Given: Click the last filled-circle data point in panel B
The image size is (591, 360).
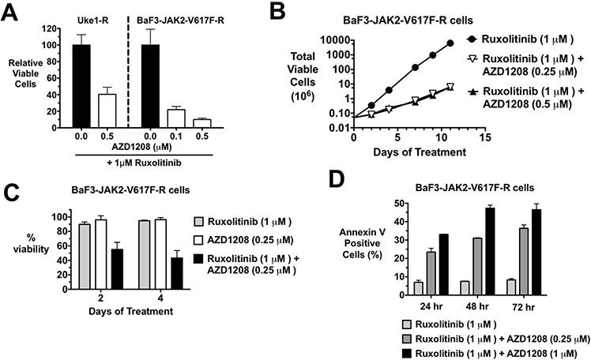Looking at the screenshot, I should (450, 43).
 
